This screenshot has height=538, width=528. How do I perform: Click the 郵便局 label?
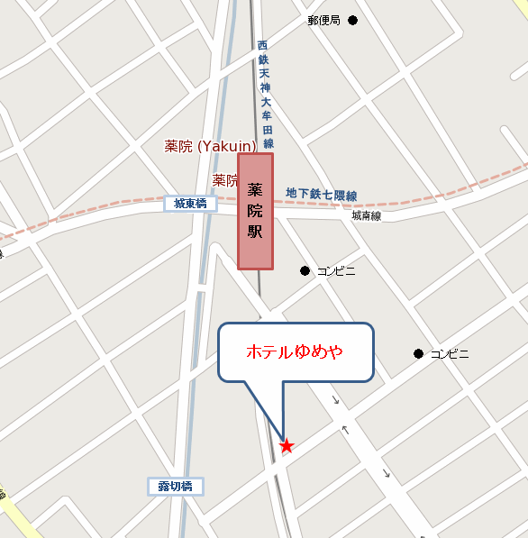click(323, 20)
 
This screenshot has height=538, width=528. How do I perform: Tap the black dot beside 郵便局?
click(352, 20)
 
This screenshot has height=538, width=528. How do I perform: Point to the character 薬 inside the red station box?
click(255, 189)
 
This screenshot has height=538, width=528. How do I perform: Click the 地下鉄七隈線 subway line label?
click(322, 195)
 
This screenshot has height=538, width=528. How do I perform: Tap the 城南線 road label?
click(366, 216)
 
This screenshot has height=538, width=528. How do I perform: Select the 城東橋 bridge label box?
click(190, 204)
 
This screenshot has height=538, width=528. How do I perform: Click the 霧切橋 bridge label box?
click(176, 487)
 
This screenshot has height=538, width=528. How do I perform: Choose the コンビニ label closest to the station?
click(336, 270)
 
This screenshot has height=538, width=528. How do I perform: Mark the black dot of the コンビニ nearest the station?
click(305, 270)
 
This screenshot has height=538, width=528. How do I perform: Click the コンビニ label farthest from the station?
click(450, 354)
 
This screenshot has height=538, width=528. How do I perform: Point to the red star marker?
click(287, 445)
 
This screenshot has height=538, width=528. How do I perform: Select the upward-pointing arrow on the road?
click(344, 429)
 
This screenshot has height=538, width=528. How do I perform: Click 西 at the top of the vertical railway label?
click(263, 45)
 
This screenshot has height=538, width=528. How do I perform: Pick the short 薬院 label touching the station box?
click(224, 180)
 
